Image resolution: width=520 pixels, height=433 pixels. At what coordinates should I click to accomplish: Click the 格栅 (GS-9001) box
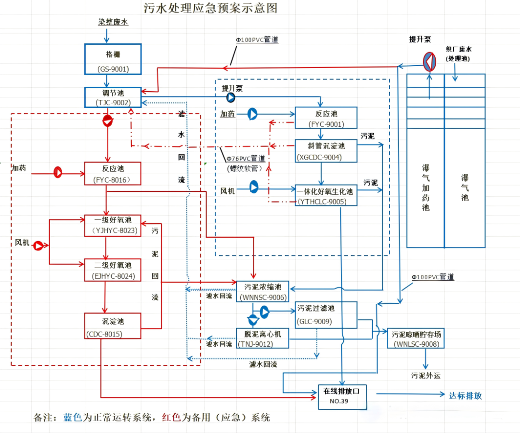pos(113,59)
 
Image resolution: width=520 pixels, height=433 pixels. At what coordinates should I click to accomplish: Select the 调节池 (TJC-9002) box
pos(113,97)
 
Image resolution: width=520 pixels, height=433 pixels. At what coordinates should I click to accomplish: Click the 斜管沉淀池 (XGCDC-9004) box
pos(326,151)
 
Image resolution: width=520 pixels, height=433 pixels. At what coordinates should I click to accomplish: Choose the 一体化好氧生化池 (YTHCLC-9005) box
pos(326,195)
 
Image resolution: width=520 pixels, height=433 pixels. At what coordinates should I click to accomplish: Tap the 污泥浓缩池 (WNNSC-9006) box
pos(262,291)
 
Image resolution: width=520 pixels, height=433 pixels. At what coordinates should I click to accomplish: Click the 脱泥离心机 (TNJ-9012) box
pos(262,338)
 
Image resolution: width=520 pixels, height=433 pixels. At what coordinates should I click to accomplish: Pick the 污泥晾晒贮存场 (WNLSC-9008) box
pos(416,338)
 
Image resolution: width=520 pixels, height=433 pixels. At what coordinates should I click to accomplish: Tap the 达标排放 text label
pos(465,395)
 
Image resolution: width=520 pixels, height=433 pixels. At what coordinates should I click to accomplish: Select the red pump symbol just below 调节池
pos(107,121)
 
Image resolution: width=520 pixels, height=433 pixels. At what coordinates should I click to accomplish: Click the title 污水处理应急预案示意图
pos(210,8)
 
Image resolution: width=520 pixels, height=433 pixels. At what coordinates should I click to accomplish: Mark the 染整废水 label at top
pos(113,22)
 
